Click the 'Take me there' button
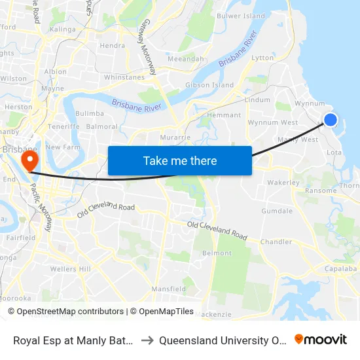(x=180, y=160)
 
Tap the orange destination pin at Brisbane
(x=29, y=159)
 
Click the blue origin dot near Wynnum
(x=331, y=119)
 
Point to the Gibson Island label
(x=209, y=85)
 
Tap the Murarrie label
(x=175, y=137)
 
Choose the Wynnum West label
(x=273, y=122)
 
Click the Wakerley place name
(x=283, y=183)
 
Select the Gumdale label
(x=277, y=211)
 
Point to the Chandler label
(x=276, y=242)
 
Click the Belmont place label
(x=217, y=253)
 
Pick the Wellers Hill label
(x=70, y=269)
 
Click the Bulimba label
(x=90, y=113)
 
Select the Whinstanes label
(x=124, y=77)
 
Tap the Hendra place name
(x=113, y=46)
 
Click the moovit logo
(x=321, y=340)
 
